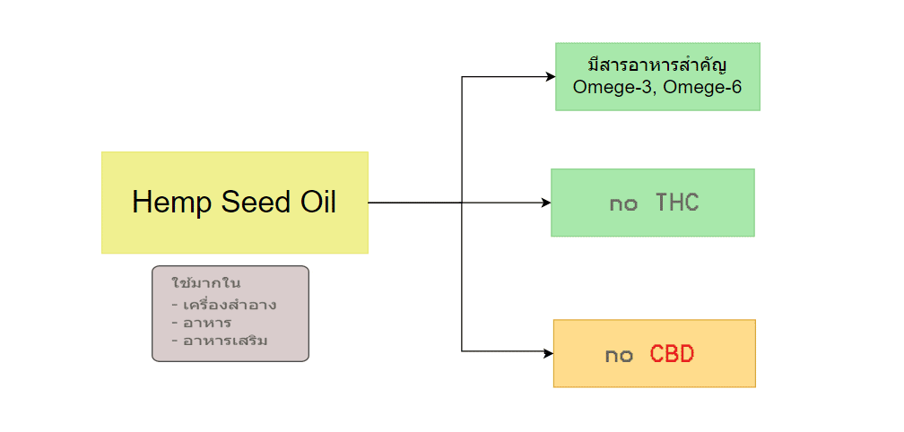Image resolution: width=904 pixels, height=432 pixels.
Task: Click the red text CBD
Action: point(673,354)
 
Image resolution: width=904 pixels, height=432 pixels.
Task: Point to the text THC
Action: point(677,203)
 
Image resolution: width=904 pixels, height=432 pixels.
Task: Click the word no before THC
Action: point(623,205)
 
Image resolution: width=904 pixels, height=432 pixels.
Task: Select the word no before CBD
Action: point(619,357)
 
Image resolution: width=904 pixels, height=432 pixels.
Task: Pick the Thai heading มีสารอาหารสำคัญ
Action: point(657,65)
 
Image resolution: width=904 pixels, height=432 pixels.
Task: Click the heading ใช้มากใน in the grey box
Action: point(206,283)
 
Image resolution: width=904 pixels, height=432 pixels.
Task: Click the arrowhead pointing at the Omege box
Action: point(551,76)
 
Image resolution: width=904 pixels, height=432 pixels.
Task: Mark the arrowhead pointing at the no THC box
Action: point(546,203)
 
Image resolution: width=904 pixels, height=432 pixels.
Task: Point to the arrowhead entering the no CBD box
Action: point(548,350)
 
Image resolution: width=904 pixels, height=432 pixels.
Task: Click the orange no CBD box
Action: point(655,353)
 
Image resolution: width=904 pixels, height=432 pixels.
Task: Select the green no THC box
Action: point(653,203)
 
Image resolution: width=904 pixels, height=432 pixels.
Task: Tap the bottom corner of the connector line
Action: point(462,350)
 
